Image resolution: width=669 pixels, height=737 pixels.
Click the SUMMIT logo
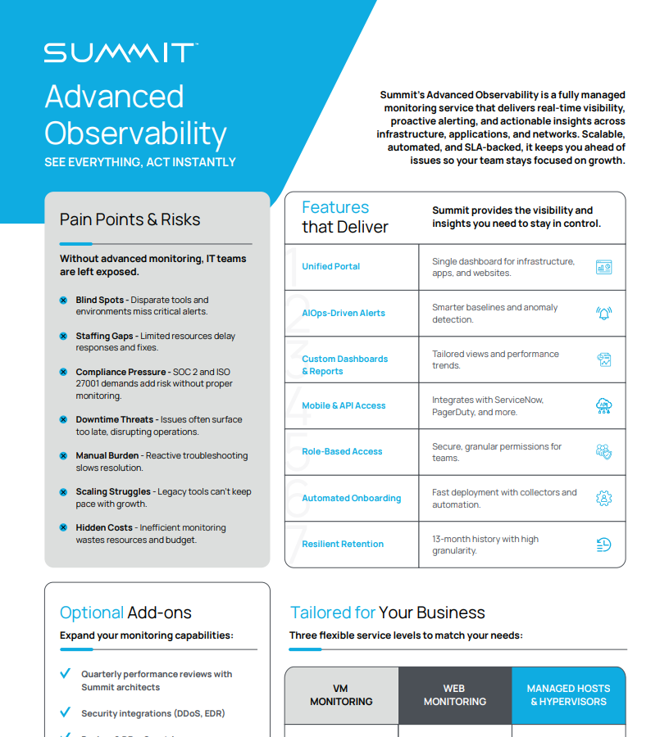[121, 53]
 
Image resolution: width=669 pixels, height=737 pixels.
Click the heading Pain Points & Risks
[130, 219]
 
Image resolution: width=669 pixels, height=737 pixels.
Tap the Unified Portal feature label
[330, 266]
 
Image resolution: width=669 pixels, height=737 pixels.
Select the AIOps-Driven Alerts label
[343, 313]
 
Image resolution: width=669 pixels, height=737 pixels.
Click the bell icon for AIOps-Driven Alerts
[603, 313]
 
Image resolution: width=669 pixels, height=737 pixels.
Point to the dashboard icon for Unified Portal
[603, 267]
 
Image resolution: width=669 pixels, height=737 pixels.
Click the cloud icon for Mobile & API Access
[603, 405]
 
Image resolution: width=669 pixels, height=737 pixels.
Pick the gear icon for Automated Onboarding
[603, 498]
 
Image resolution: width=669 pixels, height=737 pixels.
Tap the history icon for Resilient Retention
[603, 545]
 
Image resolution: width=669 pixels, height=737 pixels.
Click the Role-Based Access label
[342, 451]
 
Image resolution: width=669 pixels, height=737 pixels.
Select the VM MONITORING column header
[341, 695]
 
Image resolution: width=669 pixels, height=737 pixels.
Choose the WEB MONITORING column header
[455, 695]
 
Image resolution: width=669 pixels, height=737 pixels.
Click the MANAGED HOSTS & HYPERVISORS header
[568, 695]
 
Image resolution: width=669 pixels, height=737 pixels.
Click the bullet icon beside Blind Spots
[63, 301]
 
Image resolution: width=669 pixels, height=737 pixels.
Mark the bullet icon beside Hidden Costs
[63, 528]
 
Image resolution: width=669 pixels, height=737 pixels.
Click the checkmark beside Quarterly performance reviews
[66, 674]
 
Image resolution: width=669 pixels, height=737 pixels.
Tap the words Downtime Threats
[115, 419]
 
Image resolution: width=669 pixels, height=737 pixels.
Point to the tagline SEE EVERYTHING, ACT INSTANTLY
[140, 162]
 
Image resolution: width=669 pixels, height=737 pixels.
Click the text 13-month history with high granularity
[485, 545]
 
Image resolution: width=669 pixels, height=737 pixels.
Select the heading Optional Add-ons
[125, 613]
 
